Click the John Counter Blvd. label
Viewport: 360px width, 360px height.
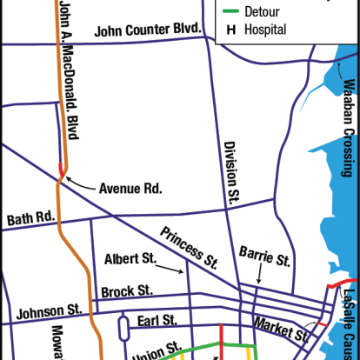tap(147, 30)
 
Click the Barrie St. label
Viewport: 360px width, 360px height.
tap(265, 258)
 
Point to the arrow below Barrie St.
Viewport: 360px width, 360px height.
tap(262, 277)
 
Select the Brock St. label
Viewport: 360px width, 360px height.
tap(127, 290)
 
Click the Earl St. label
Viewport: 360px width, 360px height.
tap(157, 320)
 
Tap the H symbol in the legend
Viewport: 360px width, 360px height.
tap(231, 30)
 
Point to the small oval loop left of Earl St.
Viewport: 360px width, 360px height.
tap(123, 327)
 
